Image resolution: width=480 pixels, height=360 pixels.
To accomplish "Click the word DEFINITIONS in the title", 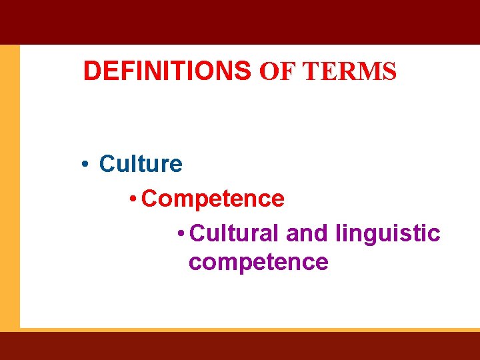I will [167, 71].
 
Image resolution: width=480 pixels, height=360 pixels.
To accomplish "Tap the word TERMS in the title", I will [349, 71].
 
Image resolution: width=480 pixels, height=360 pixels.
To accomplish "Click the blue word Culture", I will [140, 163].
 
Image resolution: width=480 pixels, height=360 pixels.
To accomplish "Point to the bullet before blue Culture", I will [86, 164].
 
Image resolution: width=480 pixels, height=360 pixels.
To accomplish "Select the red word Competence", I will [213, 198].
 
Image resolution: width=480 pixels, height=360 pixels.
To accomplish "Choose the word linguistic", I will [388, 233].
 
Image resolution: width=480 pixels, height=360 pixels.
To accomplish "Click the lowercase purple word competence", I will [258, 262].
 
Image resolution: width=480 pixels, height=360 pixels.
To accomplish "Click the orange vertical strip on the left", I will [9, 187].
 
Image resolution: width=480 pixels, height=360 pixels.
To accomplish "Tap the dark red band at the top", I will [240, 21].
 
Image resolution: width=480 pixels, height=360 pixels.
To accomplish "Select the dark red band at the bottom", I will [240, 345].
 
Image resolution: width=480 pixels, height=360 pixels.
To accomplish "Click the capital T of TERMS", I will [310, 71].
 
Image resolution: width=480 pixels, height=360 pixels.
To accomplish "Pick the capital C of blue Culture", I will [107, 163].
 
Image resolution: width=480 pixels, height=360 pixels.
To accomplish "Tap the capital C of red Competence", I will [150, 198].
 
